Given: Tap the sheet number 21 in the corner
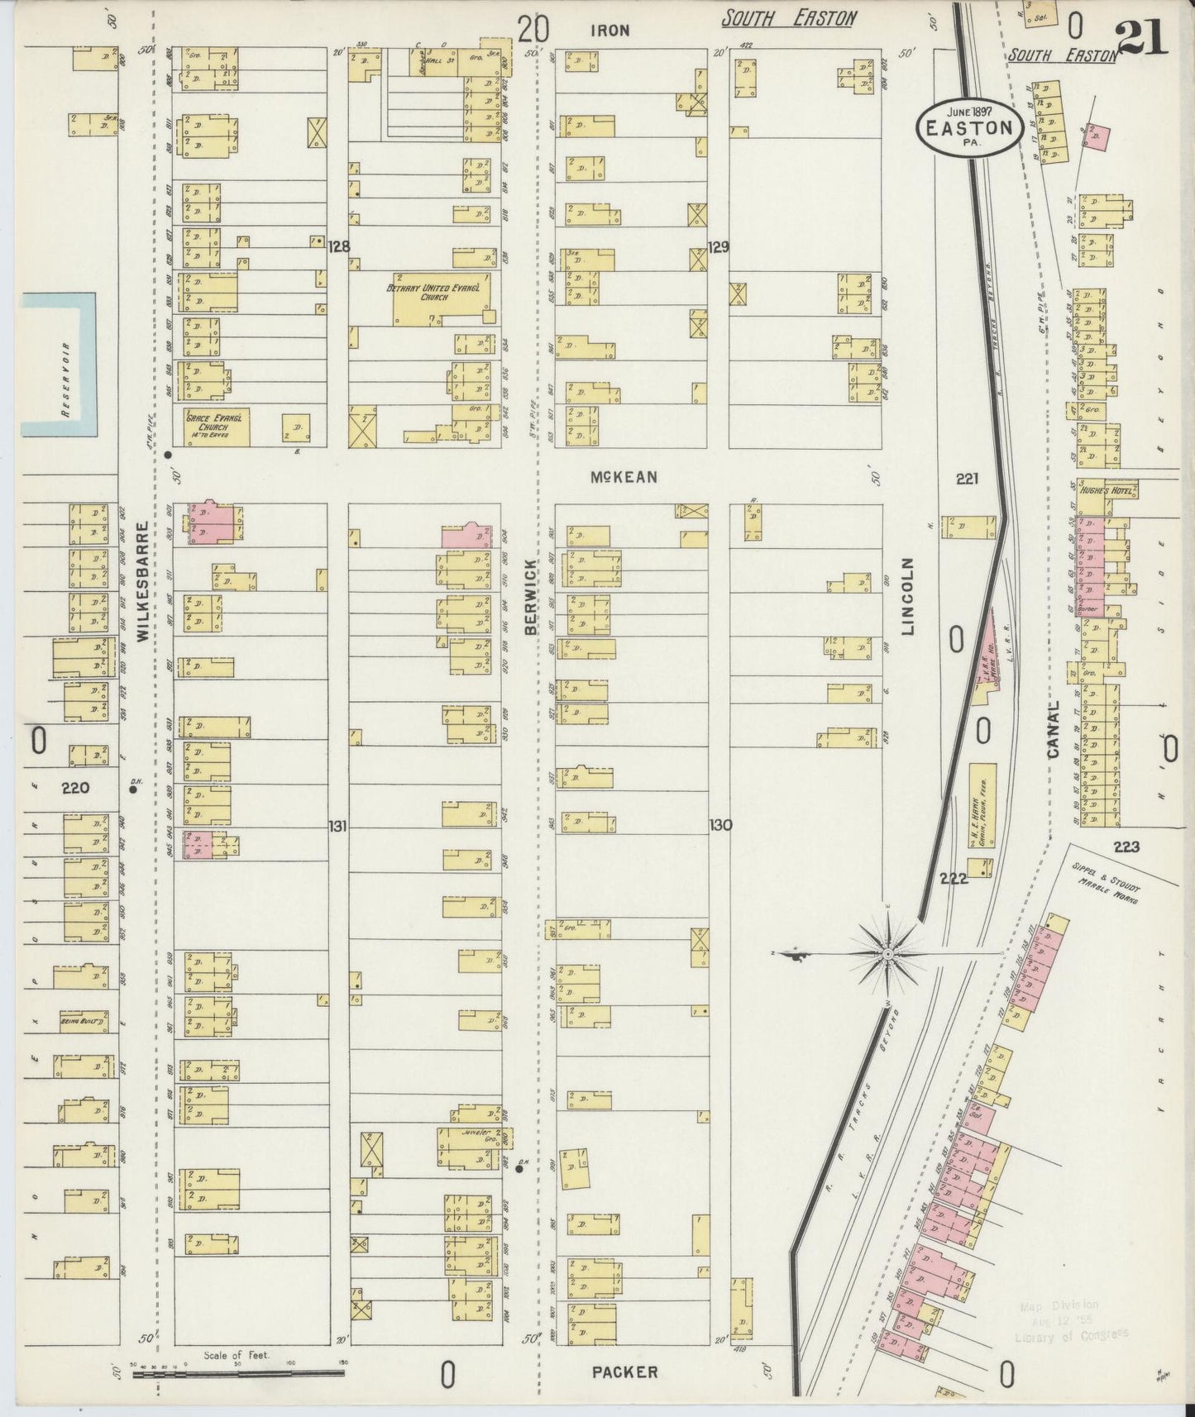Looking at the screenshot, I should coord(1142,36).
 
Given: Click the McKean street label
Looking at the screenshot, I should coord(624,477).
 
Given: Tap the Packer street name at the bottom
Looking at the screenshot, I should coord(624,1372).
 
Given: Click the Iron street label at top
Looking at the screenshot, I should coord(610,31).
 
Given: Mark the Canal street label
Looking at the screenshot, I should coord(1053,732).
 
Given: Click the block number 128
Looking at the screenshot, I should coord(338,246).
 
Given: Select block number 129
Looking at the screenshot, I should coord(718,246).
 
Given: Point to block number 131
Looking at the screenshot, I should coord(337,825).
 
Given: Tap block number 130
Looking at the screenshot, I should coord(719,825).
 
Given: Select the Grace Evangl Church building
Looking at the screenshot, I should coord(213,427).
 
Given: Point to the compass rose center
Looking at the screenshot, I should coord(888,955).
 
